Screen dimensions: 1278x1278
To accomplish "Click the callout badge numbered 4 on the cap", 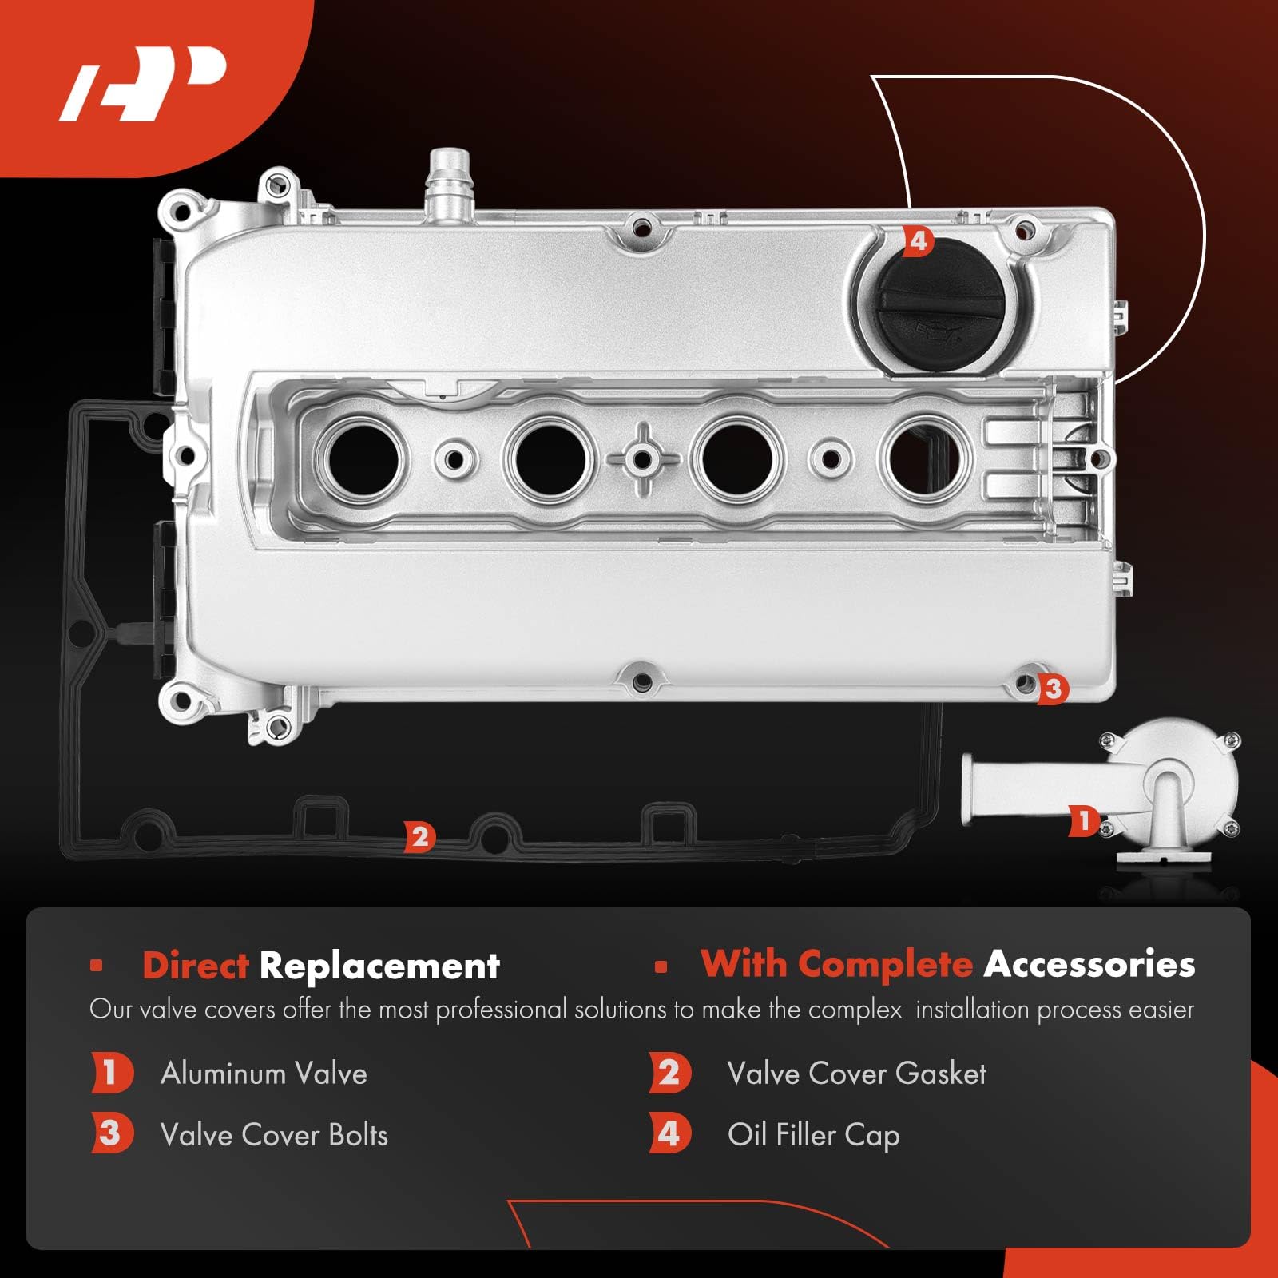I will pyautogui.click(x=918, y=240).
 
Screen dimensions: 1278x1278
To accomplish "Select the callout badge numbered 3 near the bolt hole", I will pyautogui.click(x=1052, y=688).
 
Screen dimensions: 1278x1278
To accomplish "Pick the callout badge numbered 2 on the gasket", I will pyautogui.click(x=419, y=836).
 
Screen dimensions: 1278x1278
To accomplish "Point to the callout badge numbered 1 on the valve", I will pyautogui.click(x=1083, y=820).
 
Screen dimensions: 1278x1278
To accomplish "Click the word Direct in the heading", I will pyautogui.click(x=196, y=966).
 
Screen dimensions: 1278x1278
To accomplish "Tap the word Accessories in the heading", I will pyautogui.click(x=1089, y=964).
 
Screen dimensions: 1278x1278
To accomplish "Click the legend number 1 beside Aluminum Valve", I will pyautogui.click(x=110, y=1073).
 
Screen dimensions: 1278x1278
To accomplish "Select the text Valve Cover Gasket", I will pyautogui.click(x=856, y=1074).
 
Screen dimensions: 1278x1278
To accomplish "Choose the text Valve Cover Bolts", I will pyautogui.click(x=274, y=1135).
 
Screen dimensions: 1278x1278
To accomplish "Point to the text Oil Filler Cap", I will pyautogui.click(x=813, y=1135).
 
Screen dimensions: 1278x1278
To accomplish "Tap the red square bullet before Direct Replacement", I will pyautogui.click(x=97, y=966).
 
